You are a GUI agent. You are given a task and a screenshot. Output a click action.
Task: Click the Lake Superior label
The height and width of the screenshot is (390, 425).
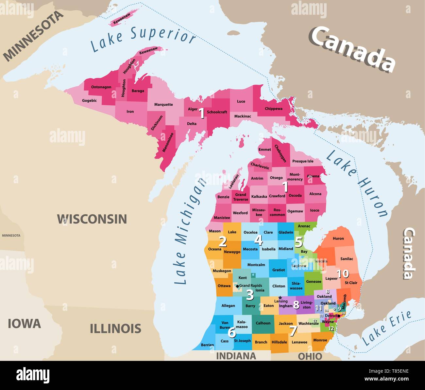tap(143, 39)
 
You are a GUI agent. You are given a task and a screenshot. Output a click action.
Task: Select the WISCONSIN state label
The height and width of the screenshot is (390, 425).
tap(92, 219)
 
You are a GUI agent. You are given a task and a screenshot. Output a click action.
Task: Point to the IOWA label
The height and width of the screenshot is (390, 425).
tap(24, 324)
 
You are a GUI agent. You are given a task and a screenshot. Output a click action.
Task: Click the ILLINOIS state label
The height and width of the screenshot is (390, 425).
tap(115, 328)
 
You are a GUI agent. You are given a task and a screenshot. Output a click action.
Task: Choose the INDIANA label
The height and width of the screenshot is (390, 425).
tap(236, 356)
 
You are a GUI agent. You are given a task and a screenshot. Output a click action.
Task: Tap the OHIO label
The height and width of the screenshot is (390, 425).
tap(310, 356)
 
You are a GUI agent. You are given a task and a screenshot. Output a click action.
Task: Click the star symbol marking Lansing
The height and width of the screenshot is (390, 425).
tap(280, 297)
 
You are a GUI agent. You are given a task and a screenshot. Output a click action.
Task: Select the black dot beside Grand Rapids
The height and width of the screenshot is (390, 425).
tap(237, 286)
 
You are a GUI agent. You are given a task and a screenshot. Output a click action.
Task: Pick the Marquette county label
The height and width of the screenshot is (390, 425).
tap(163, 105)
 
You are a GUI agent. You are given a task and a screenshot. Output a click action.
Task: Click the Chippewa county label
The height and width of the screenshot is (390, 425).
tap(273, 109)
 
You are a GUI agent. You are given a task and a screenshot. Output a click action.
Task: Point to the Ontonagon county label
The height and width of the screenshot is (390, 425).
tap(101, 87)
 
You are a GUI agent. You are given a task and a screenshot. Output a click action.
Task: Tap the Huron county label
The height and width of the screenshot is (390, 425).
tap(338, 239)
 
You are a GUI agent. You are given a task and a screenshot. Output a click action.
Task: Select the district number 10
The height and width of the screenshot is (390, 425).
tap(343, 273)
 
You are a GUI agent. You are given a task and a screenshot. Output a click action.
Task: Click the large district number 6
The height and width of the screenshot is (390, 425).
tap(231, 333)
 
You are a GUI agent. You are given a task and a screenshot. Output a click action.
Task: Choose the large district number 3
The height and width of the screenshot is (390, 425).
tap(250, 295)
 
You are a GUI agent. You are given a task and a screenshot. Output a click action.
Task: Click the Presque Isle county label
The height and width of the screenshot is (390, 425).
tap(302, 161)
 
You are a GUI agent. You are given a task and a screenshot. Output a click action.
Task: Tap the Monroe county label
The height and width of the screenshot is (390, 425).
tap(320, 340)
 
